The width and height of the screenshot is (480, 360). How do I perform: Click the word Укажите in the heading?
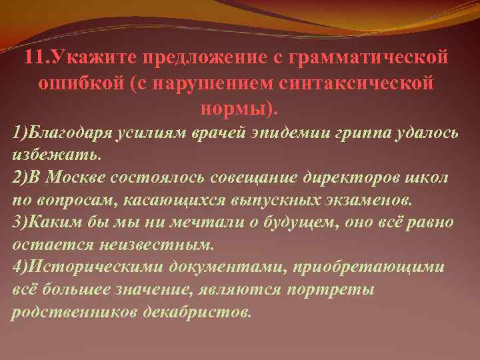(x=79, y=58)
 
